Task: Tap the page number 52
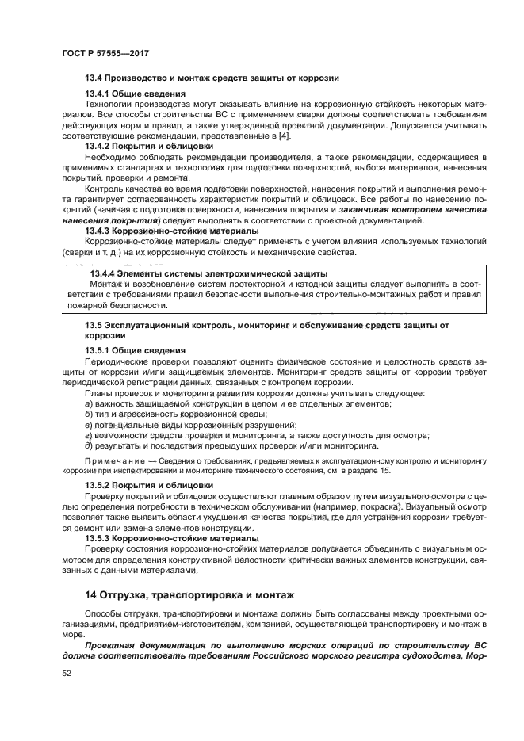pos(67,673)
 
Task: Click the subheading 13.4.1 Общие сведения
pos(135,94)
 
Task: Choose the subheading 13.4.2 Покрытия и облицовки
pos(149,146)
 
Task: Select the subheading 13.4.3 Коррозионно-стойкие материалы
pos(170,231)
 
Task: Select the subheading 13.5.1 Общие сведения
pos(135,349)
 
